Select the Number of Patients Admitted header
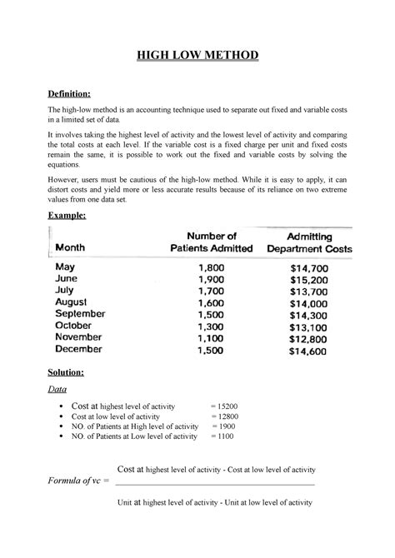pyautogui.click(x=211, y=242)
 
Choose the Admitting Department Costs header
pyautogui.click(x=308, y=242)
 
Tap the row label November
pyautogui.click(x=83, y=337)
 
